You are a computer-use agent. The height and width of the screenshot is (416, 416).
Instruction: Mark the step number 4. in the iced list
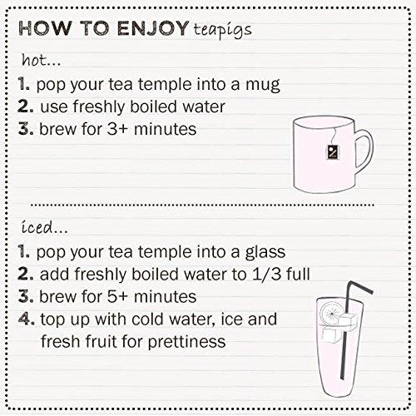pos(26,319)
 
